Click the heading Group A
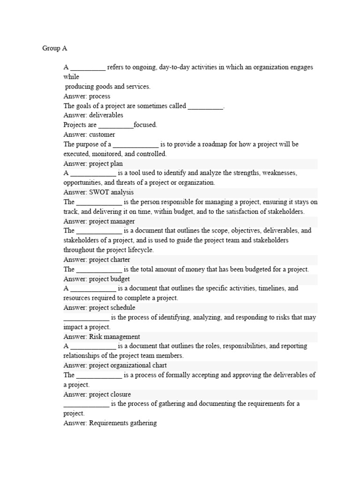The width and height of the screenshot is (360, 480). (55, 48)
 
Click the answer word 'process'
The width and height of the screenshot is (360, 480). (99, 96)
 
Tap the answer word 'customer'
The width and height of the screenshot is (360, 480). (102, 135)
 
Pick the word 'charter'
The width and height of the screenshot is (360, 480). (120, 260)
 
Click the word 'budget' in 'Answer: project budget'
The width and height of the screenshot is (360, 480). (120, 279)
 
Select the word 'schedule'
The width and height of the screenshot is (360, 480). (123, 307)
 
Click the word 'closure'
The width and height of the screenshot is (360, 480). (120, 394)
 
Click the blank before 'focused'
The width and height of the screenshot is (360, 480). (116, 125)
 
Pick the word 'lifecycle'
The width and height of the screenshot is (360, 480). (138, 250)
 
